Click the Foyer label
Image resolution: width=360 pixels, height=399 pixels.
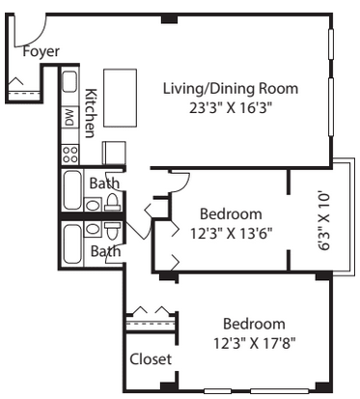(x=41, y=51)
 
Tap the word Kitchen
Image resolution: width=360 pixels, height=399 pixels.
(x=91, y=113)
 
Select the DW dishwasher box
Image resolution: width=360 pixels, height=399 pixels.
(x=70, y=117)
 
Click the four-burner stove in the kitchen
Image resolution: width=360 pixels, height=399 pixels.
(x=70, y=155)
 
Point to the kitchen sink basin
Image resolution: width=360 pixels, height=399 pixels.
(x=69, y=82)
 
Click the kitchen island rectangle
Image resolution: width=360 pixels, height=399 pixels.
(x=120, y=98)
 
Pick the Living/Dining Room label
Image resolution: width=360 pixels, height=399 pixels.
(x=231, y=89)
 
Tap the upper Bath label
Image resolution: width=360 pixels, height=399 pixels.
(x=104, y=184)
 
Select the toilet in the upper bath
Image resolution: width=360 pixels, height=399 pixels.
(x=112, y=202)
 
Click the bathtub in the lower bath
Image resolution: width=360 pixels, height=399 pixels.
(x=72, y=243)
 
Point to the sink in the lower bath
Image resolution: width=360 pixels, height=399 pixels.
(x=93, y=229)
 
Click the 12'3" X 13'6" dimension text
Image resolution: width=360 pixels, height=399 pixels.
(x=232, y=233)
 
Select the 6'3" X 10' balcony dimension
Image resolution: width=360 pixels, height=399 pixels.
(x=324, y=221)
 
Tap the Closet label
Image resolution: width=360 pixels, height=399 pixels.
(x=151, y=359)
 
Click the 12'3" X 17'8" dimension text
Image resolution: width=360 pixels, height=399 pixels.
(x=255, y=343)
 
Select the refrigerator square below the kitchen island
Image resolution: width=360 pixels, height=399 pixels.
(x=114, y=153)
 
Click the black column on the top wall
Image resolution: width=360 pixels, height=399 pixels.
(x=169, y=18)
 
